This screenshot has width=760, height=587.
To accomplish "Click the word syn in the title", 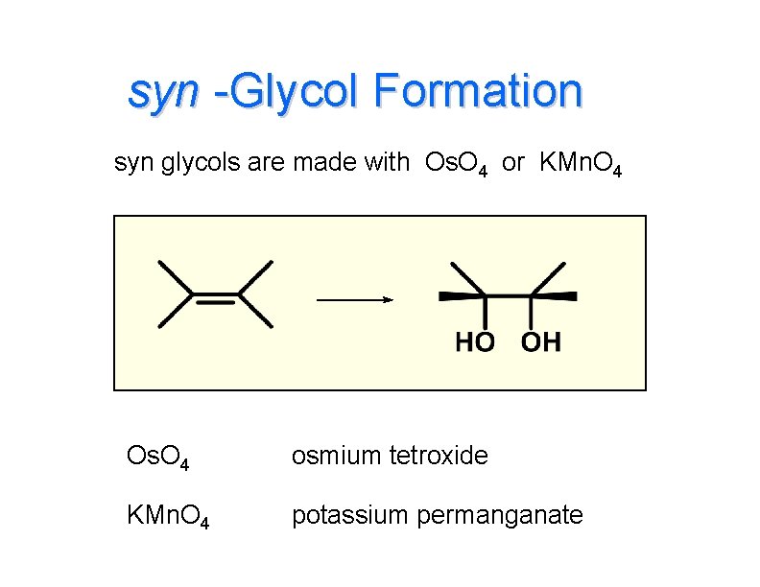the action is [163, 93].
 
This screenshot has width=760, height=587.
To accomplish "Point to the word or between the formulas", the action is [513, 163].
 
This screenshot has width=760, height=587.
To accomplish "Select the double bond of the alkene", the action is [216, 296].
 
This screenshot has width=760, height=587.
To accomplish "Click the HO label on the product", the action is [474, 342].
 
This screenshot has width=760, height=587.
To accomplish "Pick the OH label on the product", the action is [540, 342].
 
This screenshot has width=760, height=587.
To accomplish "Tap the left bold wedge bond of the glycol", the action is [461, 295].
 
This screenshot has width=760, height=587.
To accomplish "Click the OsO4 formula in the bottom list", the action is [157, 457].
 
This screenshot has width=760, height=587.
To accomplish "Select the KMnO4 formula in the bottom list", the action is [169, 517].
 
